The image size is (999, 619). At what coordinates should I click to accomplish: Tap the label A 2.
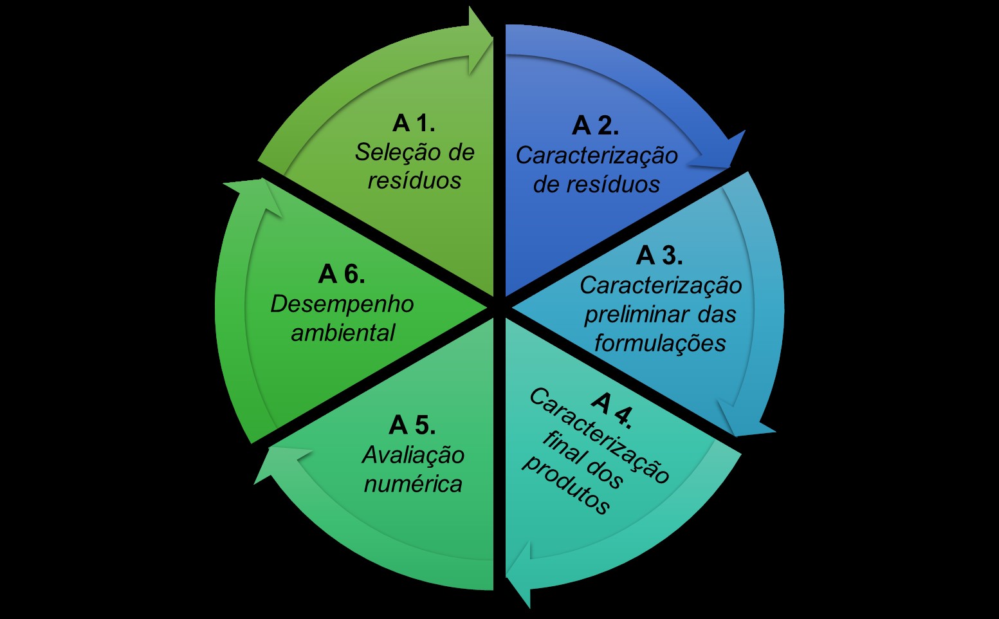(x=595, y=125)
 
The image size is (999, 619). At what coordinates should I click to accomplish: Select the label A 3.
(x=659, y=255)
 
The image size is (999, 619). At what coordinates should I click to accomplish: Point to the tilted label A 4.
(x=612, y=409)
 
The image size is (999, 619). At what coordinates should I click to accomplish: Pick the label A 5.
(x=412, y=425)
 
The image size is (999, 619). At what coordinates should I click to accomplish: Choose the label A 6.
(x=342, y=274)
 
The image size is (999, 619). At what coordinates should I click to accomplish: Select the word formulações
(x=660, y=343)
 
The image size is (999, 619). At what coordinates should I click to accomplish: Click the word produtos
(x=565, y=485)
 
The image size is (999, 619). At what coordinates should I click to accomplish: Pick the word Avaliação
(x=413, y=455)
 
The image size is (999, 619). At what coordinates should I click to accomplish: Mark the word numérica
(x=413, y=484)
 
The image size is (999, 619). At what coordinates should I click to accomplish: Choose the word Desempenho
(x=342, y=304)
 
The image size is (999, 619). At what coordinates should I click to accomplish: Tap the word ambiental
(x=343, y=333)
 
